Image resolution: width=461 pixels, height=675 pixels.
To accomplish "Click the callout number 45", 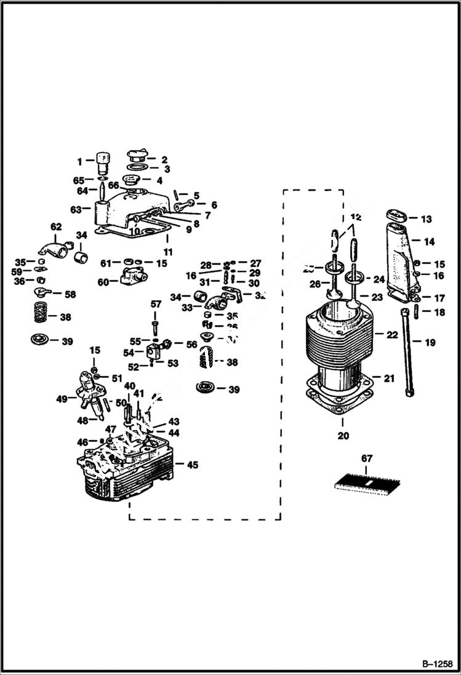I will point(193,465).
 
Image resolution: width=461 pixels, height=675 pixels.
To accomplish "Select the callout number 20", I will point(343,436).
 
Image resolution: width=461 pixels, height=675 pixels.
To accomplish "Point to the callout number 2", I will point(164,159).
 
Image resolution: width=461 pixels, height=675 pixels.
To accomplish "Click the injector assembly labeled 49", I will point(87,395).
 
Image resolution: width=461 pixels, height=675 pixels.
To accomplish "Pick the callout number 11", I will point(168,252).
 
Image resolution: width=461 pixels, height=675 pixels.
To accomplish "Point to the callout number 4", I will point(159,181).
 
